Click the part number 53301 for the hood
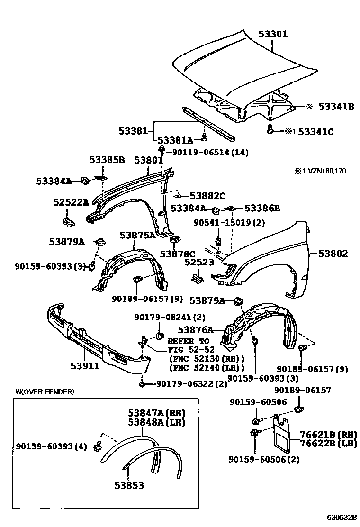coord(273,34)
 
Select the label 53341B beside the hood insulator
coord(336,107)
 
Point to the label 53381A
coord(175,140)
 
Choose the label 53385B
coord(107,160)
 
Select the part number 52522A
coord(71,202)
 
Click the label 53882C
coord(208,195)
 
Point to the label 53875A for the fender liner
coord(137,235)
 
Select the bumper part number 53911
coord(85,365)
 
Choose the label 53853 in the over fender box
coord(129,486)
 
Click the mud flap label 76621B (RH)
coord(328,434)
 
